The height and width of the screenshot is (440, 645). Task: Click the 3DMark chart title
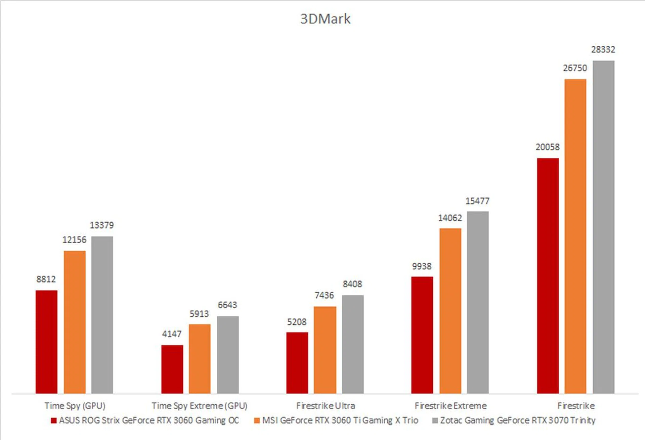[325, 19]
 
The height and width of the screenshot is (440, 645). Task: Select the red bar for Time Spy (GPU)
[46, 342]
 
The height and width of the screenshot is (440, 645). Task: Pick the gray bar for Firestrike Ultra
[353, 344]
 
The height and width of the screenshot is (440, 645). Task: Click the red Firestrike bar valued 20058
[548, 275]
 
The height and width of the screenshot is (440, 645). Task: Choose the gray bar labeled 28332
[603, 227]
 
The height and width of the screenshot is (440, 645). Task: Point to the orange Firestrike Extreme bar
[450, 311]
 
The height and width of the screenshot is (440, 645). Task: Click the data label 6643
[227, 305]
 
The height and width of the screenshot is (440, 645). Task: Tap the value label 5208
[297, 322]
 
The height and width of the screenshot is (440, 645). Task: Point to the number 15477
[477, 201]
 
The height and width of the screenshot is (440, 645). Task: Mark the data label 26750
[575, 68]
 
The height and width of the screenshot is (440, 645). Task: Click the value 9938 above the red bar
[422, 266]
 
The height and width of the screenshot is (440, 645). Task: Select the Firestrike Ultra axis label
[325, 406]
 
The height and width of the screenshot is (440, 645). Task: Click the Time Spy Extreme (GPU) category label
[199, 406]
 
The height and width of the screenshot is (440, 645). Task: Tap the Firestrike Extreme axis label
[450, 406]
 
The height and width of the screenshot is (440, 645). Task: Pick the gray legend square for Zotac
[435, 421]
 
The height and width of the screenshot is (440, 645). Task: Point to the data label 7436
[324, 295]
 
